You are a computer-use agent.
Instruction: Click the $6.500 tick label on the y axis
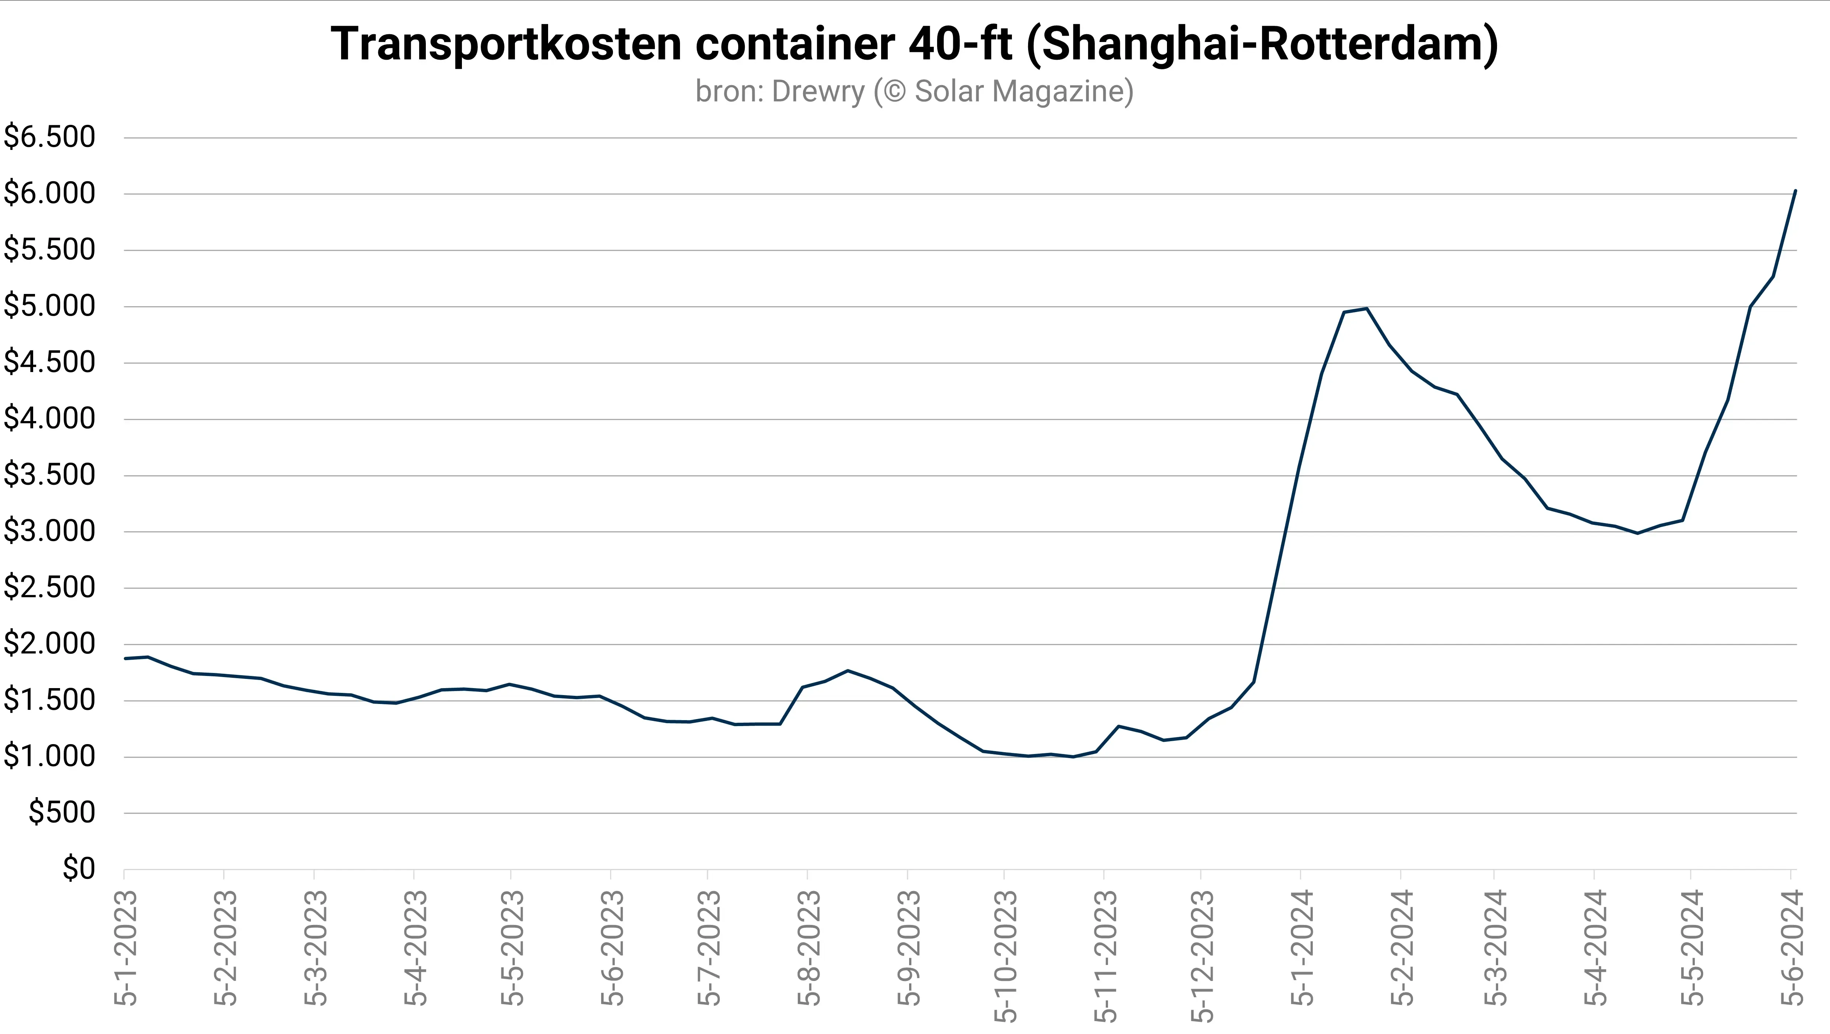50,137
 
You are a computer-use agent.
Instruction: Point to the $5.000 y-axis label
50,306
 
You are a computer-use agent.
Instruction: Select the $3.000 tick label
50,532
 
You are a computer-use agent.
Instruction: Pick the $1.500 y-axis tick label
50,701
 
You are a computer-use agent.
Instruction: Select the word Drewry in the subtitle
818,92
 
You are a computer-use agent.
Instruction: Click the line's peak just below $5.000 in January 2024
1367,308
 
